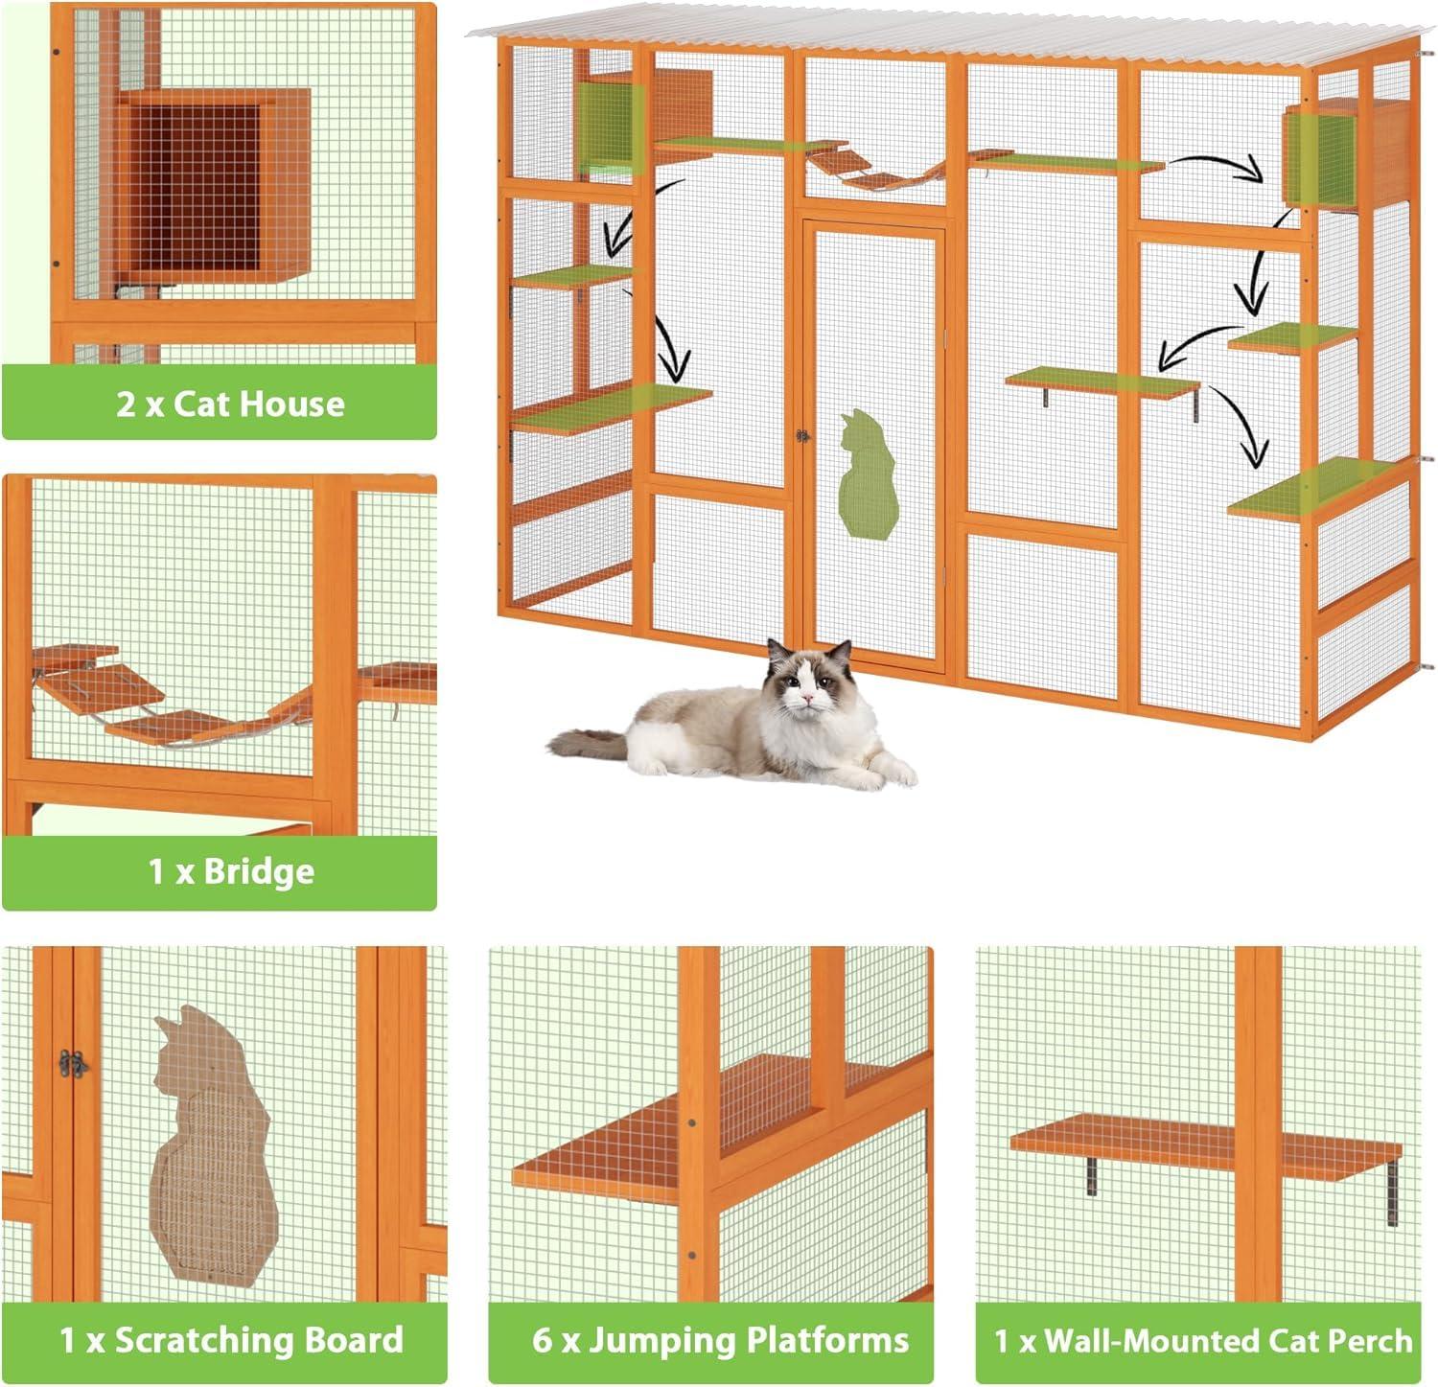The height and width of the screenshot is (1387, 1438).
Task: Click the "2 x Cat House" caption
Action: point(230,404)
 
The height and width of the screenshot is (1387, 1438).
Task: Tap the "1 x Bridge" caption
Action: point(230,871)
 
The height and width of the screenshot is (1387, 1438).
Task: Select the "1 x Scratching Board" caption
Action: point(231,1339)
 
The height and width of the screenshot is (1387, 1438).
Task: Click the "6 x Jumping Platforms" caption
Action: point(720,1339)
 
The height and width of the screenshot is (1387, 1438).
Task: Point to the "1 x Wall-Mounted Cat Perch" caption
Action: point(1203,1339)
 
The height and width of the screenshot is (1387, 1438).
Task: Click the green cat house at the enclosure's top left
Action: point(608,129)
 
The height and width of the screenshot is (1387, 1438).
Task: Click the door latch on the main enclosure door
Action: point(801,436)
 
